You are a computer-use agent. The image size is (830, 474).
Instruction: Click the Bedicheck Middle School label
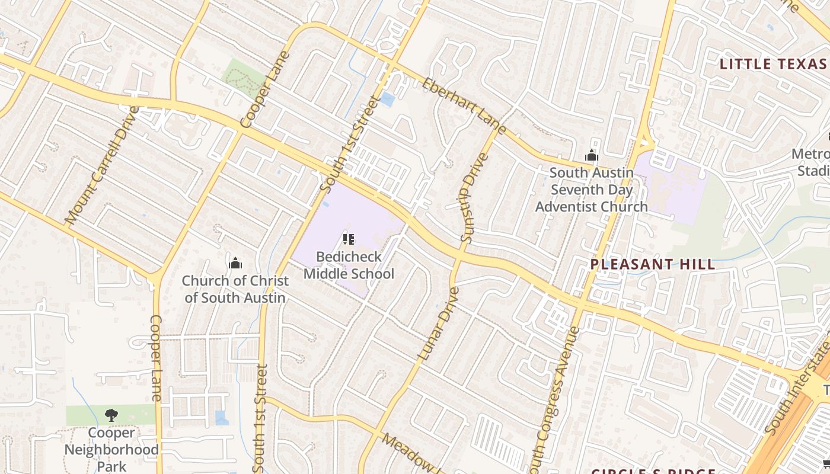[x=349, y=265]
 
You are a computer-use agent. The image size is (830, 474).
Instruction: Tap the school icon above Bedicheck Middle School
[x=349, y=239]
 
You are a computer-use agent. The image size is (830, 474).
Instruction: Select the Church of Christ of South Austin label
[x=235, y=289]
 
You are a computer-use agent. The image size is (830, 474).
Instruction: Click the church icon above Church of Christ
[x=235, y=262]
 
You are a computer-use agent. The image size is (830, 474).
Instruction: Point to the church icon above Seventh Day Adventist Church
[x=591, y=156]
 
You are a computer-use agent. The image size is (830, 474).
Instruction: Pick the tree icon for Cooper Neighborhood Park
[x=111, y=415]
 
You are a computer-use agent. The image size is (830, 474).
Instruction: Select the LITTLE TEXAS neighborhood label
[x=772, y=64]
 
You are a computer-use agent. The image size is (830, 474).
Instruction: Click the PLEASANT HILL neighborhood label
[x=653, y=264]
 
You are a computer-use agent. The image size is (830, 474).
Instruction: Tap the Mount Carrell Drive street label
[x=102, y=165]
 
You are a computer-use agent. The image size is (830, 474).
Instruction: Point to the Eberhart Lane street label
[x=464, y=105]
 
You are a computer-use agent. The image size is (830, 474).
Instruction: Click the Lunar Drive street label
[x=439, y=324]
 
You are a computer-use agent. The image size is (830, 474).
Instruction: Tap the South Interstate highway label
[x=797, y=385]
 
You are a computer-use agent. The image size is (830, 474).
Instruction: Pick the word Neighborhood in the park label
[x=111, y=449]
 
